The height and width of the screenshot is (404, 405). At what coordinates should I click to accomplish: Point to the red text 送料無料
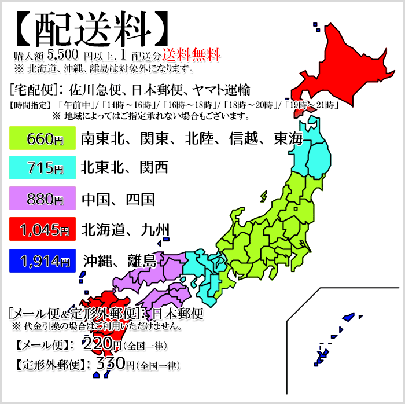(x=191, y=55)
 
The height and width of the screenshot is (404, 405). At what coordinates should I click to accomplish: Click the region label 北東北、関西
(x=124, y=168)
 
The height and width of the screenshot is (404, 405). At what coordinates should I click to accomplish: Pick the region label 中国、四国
(x=118, y=200)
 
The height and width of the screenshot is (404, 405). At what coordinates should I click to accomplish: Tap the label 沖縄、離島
(x=119, y=261)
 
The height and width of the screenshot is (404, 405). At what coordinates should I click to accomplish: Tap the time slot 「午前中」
(x=75, y=105)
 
